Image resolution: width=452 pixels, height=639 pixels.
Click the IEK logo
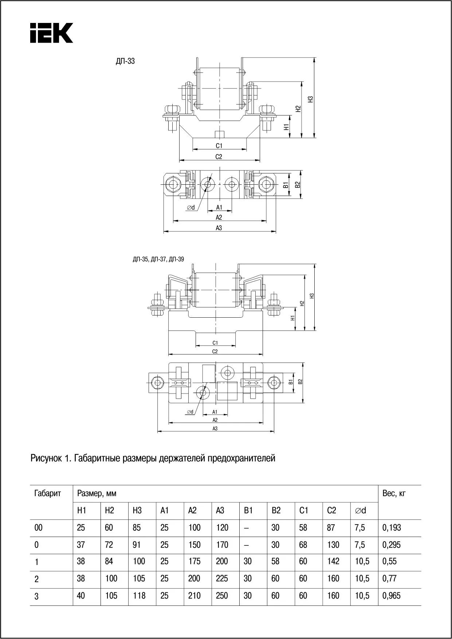(51, 33)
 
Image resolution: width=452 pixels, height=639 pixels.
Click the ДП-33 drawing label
(125, 61)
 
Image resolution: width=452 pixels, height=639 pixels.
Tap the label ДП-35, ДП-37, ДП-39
(158, 259)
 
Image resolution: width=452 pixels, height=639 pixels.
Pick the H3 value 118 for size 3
(139, 596)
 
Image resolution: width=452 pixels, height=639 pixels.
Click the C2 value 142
(333, 561)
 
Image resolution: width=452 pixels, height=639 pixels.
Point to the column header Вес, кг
(394, 494)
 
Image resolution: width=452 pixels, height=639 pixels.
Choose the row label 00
(38, 528)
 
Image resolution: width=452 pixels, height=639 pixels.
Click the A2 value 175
(194, 561)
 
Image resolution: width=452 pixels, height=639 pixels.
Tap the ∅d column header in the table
(360, 510)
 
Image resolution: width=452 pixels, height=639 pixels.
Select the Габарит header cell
(48, 494)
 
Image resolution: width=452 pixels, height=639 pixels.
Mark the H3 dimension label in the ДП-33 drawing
(310, 99)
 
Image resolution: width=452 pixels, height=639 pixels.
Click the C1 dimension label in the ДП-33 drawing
(219, 146)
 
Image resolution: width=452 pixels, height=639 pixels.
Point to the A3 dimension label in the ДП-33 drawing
(219, 228)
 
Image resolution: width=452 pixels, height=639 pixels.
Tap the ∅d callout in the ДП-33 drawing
(191, 208)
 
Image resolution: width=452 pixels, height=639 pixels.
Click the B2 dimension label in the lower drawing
(300, 382)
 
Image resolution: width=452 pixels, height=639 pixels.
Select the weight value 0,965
(392, 596)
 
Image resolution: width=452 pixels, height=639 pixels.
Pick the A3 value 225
(222, 579)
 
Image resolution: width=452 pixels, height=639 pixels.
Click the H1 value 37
(81, 545)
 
